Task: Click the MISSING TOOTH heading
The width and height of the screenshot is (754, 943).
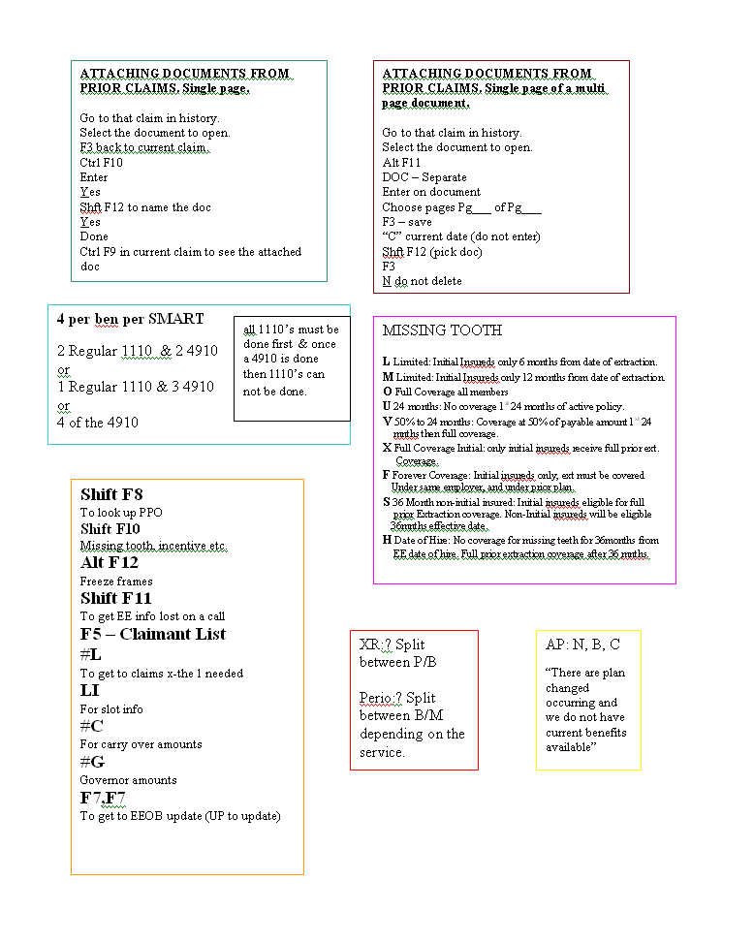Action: click(x=442, y=330)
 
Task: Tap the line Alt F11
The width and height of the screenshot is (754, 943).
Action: click(x=401, y=163)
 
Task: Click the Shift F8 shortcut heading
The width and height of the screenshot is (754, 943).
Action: click(x=111, y=494)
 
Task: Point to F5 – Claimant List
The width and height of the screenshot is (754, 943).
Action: click(x=152, y=634)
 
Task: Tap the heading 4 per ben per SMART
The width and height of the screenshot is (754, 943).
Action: click(x=130, y=319)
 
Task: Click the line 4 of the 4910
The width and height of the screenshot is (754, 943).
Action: click(x=97, y=423)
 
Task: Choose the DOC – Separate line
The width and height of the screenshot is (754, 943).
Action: click(x=424, y=177)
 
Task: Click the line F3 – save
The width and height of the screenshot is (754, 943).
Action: click(x=407, y=222)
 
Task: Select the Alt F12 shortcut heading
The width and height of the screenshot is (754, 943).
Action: click(x=109, y=562)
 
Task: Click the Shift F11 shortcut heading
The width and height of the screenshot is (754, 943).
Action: click(x=115, y=598)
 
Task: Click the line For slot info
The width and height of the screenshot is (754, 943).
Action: click(x=111, y=709)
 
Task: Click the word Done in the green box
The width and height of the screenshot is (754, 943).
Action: click(x=94, y=236)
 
